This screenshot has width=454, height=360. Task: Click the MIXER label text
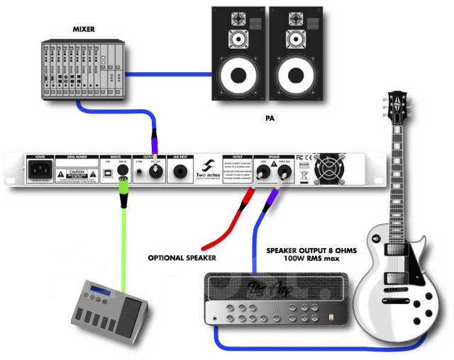[84, 29]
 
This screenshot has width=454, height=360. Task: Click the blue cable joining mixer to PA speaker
[170, 72]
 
